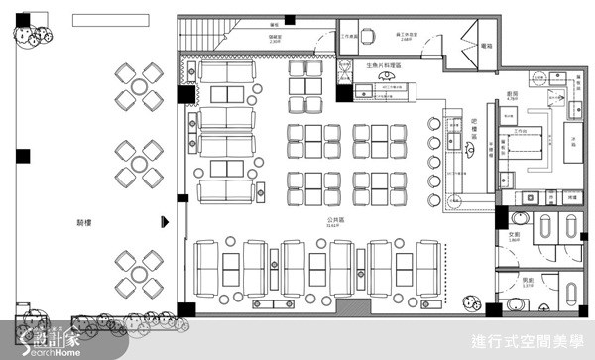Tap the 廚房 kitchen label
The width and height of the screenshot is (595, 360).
pyautogui.click(x=513, y=95)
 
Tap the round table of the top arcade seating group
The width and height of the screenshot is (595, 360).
pyautogui.click(x=138, y=85)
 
